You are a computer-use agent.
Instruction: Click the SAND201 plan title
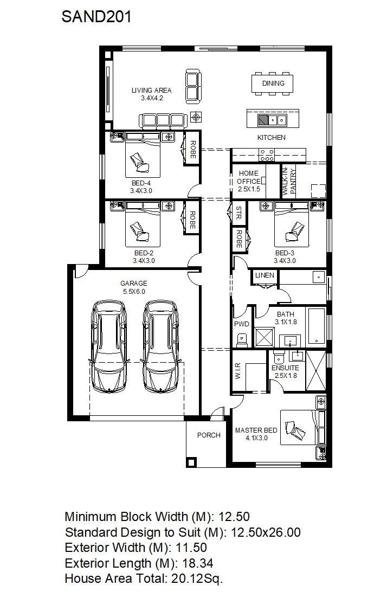(96, 17)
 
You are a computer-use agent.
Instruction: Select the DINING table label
(273, 83)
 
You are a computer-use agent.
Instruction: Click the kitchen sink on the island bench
(272, 120)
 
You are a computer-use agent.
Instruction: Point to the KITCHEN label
(271, 138)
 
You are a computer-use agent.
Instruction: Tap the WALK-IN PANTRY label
(289, 182)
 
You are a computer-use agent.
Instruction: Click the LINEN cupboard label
(264, 275)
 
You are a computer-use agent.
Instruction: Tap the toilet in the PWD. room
(242, 339)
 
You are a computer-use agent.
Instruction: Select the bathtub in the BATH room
(316, 326)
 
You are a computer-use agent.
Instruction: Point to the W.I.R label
(238, 371)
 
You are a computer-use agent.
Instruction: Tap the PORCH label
(209, 435)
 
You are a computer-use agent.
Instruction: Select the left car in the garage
(108, 347)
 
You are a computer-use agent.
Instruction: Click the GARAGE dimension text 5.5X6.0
(134, 292)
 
